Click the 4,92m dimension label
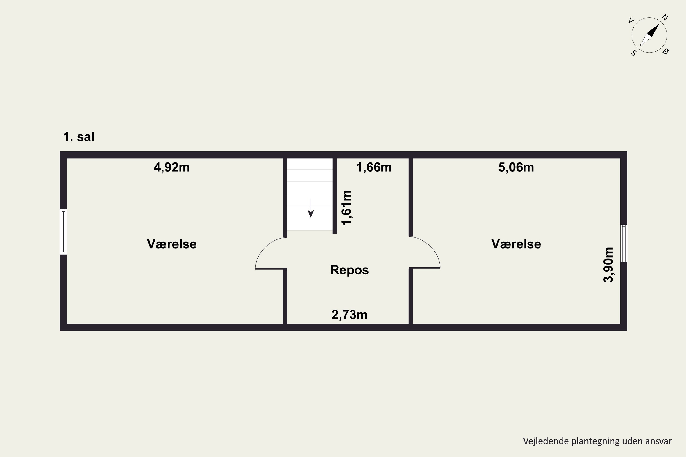pyautogui.click(x=171, y=167)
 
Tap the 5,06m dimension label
pyautogui.click(x=516, y=167)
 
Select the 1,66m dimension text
pyautogui.click(x=374, y=167)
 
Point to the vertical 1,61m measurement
pyautogui.click(x=346, y=208)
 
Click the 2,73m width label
pyautogui.click(x=349, y=315)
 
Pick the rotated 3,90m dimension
pyautogui.click(x=608, y=265)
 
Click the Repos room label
pyautogui.click(x=349, y=270)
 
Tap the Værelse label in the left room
pyautogui.click(x=171, y=244)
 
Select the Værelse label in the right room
pyautogui.click(x=516, y=244)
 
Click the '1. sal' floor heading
pyautogui.click(x=79, y=137)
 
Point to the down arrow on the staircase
pyautogui.click(x=311, y=208)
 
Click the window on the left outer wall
pyautogui.click(x=63, y=232)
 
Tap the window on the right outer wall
pyautogui.click(x=624, y=243)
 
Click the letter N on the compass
pyautogui.click(x=665, y=18)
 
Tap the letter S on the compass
pyautogui.click(x=633, y=53)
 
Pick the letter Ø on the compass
pyautogui.click(x=666, y=52)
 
